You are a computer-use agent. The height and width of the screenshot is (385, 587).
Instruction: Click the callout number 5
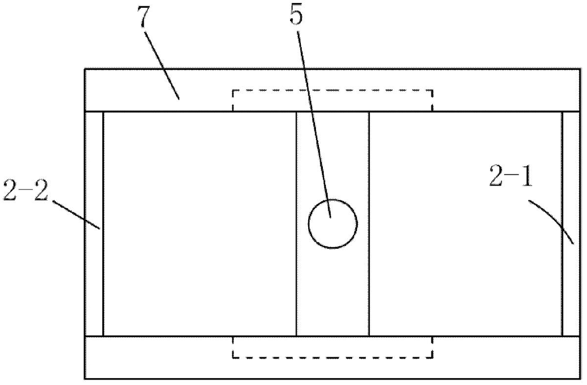296,15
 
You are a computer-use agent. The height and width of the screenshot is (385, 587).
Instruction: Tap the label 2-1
511,176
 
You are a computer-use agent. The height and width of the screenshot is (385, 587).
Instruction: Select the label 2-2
25,190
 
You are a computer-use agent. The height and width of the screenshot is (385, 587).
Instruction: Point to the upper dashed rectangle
333,90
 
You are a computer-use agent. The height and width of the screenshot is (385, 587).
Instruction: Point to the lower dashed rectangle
333,358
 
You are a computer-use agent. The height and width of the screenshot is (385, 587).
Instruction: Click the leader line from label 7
162,65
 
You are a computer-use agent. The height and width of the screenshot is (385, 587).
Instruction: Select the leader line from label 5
314,124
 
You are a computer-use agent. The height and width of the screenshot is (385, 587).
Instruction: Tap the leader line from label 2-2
76,214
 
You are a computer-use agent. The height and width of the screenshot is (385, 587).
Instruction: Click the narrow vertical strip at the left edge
94,224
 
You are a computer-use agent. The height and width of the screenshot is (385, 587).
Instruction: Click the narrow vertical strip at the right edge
571,224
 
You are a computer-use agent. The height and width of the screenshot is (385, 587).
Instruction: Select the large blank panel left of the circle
200,224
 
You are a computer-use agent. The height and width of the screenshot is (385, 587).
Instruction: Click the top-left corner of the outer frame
84,69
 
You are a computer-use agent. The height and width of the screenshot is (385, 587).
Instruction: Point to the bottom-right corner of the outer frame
580,379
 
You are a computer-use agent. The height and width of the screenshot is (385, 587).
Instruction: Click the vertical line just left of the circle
296,224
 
